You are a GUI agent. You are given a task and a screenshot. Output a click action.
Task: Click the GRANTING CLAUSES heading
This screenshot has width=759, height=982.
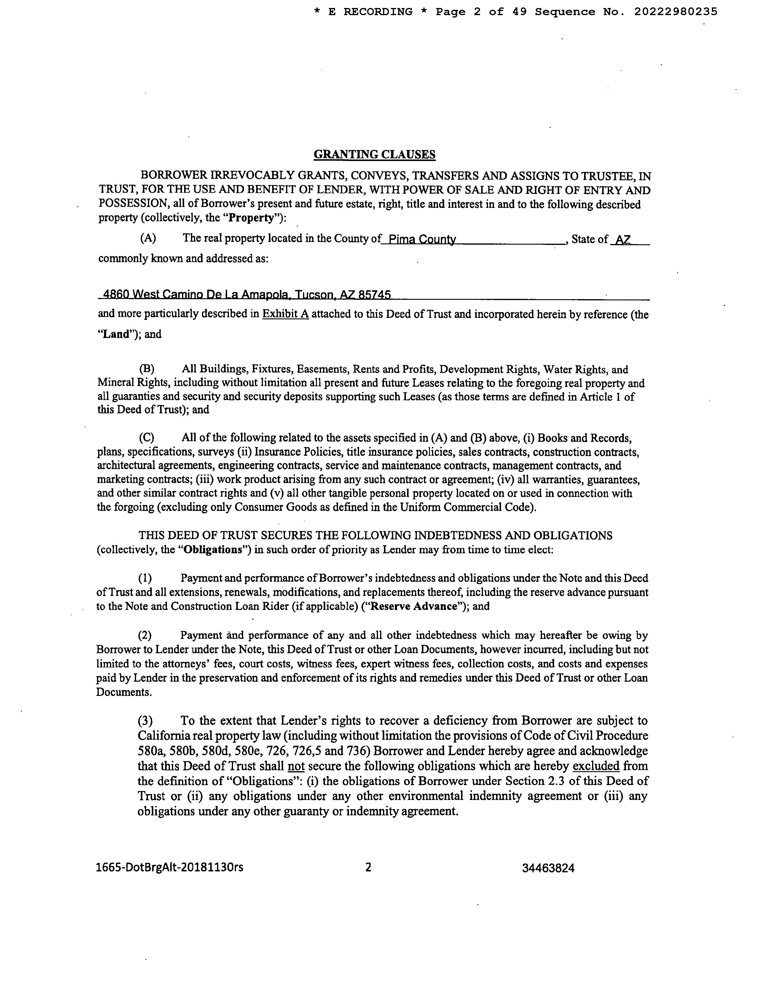(x=374, y=155)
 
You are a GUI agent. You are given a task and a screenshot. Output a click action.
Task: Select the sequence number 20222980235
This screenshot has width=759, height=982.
(x=675, y=12)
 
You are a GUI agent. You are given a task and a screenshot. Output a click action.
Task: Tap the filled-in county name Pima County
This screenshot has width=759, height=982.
(x=422, y=240)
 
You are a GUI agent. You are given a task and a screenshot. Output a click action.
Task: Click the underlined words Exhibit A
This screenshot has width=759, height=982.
(x=286, y=314)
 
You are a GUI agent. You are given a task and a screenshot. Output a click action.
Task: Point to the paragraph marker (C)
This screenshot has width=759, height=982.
(x=146, y=438)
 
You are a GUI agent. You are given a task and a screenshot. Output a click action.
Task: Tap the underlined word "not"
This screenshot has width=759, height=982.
(x=296, y=766)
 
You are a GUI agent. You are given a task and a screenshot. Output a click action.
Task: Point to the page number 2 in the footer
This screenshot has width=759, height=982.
(x=368, y=867)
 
